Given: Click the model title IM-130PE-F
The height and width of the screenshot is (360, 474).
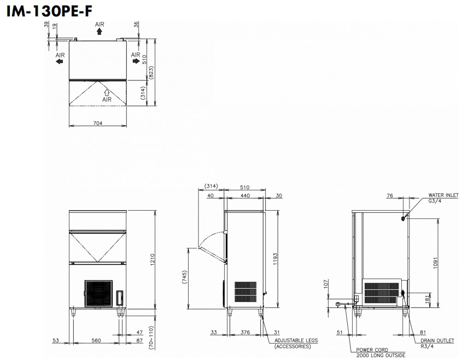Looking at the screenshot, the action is (x=50, y=11).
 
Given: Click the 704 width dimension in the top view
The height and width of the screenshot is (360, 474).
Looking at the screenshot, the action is (x=98, y=123).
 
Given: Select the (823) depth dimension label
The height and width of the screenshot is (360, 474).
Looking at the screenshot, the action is (x=151, y=73).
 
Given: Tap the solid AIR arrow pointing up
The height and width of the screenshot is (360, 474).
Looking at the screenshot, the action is (x=100, y=32).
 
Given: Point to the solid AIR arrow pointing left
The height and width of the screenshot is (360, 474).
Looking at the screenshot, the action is (x=59, y=61).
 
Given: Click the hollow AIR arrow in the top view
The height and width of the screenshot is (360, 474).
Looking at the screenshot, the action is (x=107, y=92).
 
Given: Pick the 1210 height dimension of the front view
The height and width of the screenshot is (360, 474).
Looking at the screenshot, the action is (x=152, y=260).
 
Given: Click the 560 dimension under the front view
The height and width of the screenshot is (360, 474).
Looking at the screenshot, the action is (x=96, y=341).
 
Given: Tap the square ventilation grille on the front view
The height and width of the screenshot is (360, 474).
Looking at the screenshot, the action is (x=98, y=293).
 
